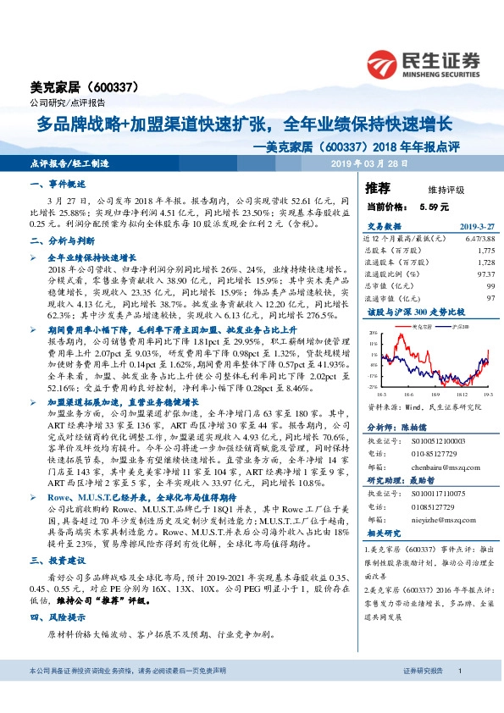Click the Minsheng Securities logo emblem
coord(385,62)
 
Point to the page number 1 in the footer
coord(458,694)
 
